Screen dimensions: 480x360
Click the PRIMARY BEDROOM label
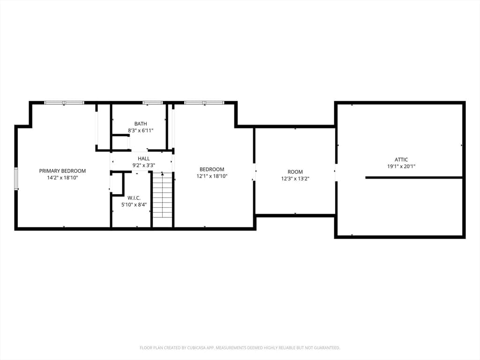[x=62, y=171]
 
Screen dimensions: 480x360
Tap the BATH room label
[x=141, y=124]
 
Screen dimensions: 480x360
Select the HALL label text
[x=143, y=158]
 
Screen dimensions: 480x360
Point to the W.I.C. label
[x=134, y=198]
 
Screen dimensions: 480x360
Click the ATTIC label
[x=401, y=159]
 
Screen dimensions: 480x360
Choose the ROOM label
[x=295, y=172]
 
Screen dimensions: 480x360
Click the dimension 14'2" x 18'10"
[x=62, y=178]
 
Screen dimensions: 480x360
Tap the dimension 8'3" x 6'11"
[x=141, y=130]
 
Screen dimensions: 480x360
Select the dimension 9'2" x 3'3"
[x=143, y=165]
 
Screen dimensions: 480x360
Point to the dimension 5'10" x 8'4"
[x=134, y=204]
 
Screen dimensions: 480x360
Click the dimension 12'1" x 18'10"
[x=212, y=176]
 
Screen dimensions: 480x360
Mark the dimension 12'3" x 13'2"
[x=295, y=179]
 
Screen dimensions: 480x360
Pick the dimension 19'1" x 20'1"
[x=401, y=166]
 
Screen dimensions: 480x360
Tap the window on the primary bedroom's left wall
[x=16, y=179]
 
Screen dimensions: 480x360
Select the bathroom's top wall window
[x=153, y=103]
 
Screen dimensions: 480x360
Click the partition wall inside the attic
[x=413, y=178]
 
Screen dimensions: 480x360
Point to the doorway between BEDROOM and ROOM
[x=254, y=172]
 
